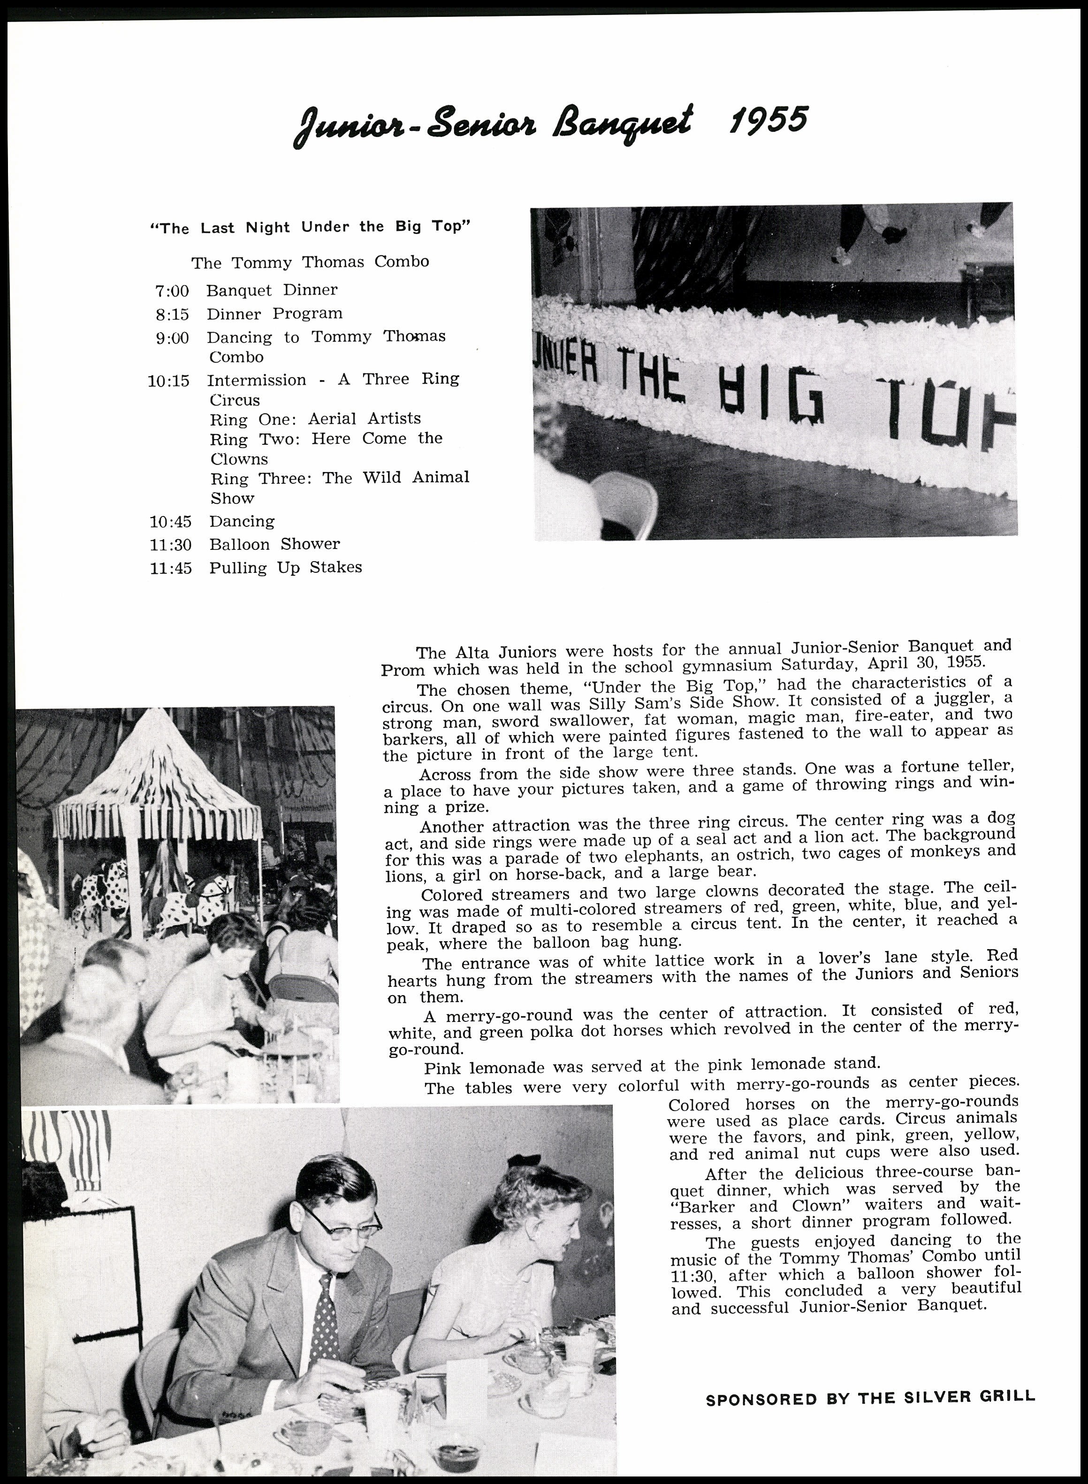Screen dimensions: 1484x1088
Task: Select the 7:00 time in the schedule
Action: click(x=172, y=290)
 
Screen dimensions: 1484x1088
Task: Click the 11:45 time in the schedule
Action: click(x=171, y=568)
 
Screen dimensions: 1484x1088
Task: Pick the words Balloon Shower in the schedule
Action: click(x=274, y=544)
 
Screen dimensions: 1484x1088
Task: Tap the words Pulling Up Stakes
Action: click(x=286, y=567)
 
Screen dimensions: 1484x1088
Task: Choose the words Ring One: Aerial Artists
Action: click(x=315, y=419)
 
